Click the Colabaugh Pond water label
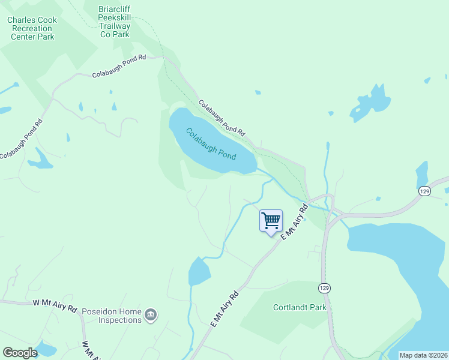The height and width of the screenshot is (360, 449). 211,144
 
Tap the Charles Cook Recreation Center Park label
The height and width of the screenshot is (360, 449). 32,28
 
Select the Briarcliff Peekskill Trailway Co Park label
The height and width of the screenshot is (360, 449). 114,22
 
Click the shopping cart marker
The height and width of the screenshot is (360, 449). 271,221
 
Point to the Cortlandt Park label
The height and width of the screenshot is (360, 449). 299,307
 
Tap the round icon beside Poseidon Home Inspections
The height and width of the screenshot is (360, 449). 151,314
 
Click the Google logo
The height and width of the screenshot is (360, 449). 20,353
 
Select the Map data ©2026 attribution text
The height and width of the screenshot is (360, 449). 423,355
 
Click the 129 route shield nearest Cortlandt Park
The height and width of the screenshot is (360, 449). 324,288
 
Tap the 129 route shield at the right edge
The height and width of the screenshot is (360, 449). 425,191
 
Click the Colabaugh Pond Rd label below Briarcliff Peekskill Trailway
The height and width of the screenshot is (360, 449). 119,66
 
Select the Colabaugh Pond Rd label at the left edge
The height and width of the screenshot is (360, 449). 22,139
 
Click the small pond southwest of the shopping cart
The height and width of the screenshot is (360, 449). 199,272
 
